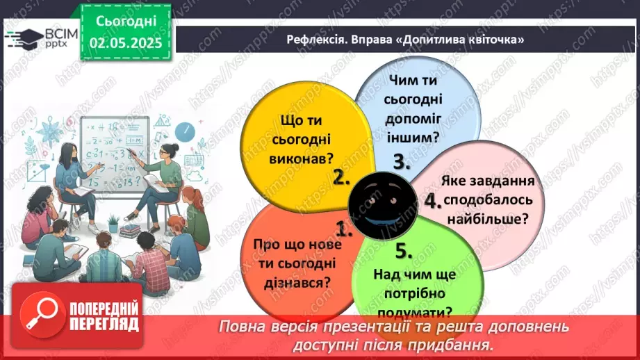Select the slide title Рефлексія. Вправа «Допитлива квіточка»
405,40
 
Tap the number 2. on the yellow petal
340,177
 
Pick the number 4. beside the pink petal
433,202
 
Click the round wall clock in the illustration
183,131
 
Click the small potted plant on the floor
113,223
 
